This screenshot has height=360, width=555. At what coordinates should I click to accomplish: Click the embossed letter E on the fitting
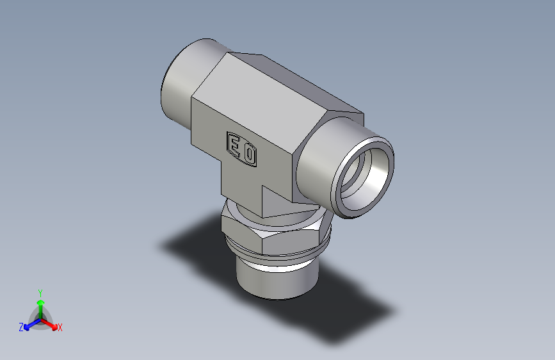(235, 147)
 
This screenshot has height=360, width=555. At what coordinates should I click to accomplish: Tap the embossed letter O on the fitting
(250, 154)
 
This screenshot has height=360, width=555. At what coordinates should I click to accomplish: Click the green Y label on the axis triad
(40, 291)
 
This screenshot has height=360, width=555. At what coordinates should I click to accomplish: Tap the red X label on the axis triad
(60, 328)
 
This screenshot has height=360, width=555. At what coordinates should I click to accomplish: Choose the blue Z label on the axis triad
(21, 327)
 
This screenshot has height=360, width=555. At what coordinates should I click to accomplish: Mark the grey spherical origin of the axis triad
(40, 318)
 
